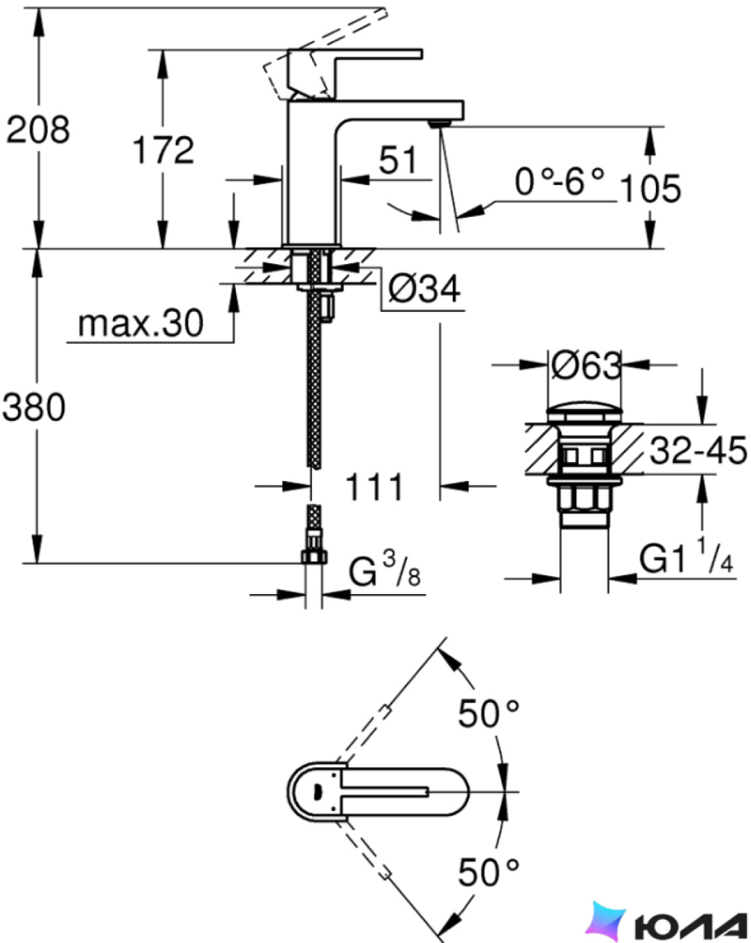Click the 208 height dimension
(x=38, y=129)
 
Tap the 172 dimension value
(x=164, y=150)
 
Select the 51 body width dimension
(x=398, y=160)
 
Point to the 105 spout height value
(x=650, y=189)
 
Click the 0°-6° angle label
(x=559, y=181)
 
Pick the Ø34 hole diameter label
(x=424, y=289)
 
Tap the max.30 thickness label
(x=141, y=323)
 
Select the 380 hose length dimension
(x=33, y=407)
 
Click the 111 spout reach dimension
(x=374, y=487)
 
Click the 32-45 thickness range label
(x=698, y=450)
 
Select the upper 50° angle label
(x=489, y=712)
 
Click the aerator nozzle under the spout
(x=440, y=123)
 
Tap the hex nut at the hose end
(x=313, y=555)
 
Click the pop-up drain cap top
(x=585, y=414)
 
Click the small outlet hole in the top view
(x=318, y=791)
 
